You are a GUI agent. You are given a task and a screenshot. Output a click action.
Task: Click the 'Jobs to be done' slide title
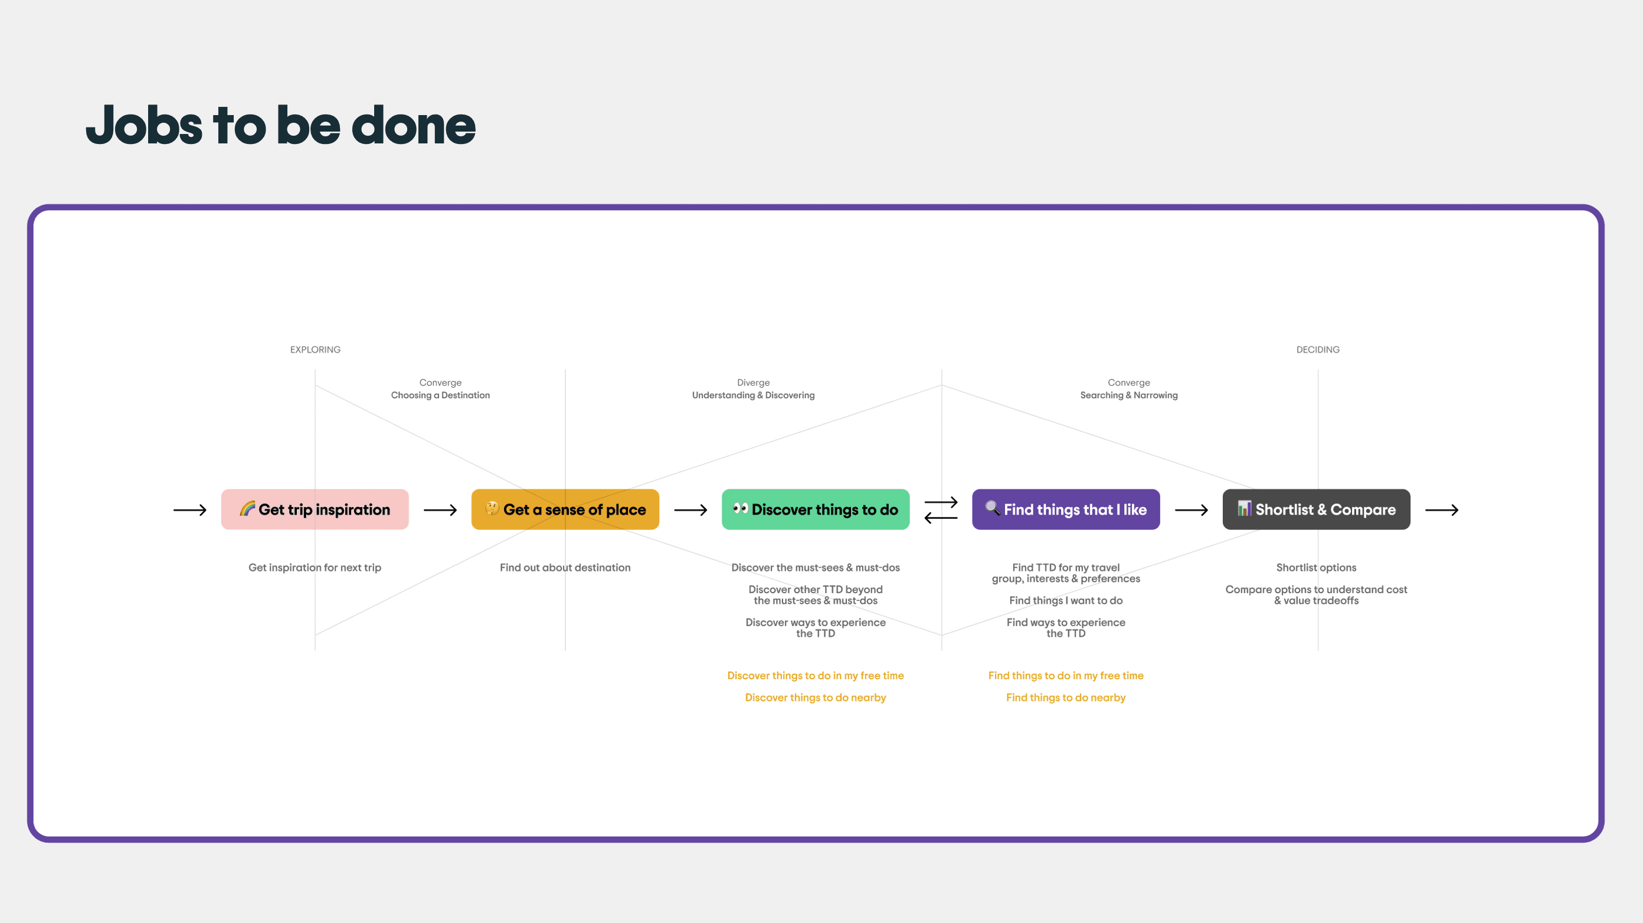(x=281, y=125)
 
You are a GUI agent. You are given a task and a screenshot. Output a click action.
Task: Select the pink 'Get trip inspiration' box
(x=315, y=510)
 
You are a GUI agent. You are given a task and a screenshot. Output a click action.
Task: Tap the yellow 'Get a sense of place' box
(x=565, y=510)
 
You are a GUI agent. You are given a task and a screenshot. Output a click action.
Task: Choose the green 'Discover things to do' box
(x=815, y=510)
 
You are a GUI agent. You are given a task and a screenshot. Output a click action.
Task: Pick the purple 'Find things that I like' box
(x=1066, y=510)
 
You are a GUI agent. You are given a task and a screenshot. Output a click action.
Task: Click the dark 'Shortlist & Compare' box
(x=1316, y=510)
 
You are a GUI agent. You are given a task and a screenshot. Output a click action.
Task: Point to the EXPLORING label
(x=315, y=349)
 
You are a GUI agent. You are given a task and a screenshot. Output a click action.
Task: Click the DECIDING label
(x=1318, y=349)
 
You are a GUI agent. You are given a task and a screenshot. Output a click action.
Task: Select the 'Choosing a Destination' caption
(x=440, y=395)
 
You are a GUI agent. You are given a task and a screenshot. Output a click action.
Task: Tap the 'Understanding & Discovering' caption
(x=753, y=395)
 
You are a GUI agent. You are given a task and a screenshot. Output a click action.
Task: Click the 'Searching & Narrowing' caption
(x=1129, y=395)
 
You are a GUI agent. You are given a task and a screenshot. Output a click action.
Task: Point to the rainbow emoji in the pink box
(x=247, y=508)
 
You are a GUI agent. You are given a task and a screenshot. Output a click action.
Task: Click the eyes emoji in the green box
(x=740, y=508)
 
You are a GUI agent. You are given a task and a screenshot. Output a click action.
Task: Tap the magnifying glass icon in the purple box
(x=993, y=508)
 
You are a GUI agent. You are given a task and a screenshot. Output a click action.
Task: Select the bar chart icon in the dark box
(x=1243, y=508)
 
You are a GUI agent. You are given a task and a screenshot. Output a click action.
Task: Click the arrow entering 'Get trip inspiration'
(x=190, y=510)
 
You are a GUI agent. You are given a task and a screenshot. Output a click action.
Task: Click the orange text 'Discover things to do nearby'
(x=815, y=698)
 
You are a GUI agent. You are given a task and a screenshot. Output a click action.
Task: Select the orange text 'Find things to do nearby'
(x=1066, y=698)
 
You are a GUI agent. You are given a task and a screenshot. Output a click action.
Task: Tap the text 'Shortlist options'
(x=1316, y=568)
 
